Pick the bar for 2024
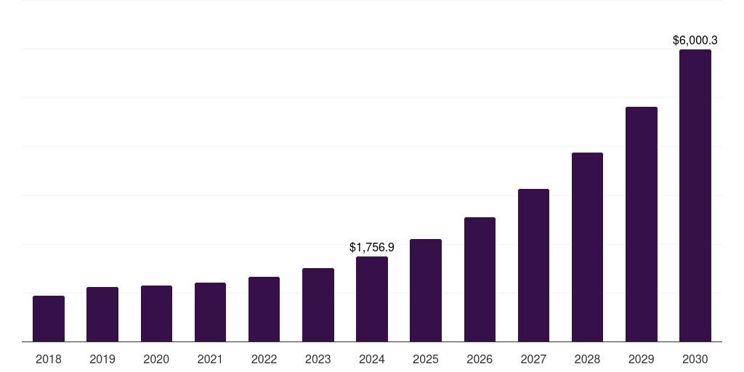click(372, 299)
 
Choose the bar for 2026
click(480, 279)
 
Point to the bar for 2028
click(587, 247)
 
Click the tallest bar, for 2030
click(695, 195)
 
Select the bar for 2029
click(642, 224)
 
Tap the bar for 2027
click(533, 265)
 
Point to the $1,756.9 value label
click(372, 248)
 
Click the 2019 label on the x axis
click(102, 359)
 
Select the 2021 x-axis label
click(210, 359)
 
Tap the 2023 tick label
click(318, 359)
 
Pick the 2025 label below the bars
click(426, 359)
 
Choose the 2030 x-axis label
click(695, 359)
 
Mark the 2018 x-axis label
click(49, 359)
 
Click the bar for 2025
click(426, 290)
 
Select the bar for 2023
click(318, 304)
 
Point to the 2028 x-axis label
click(587, 359)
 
